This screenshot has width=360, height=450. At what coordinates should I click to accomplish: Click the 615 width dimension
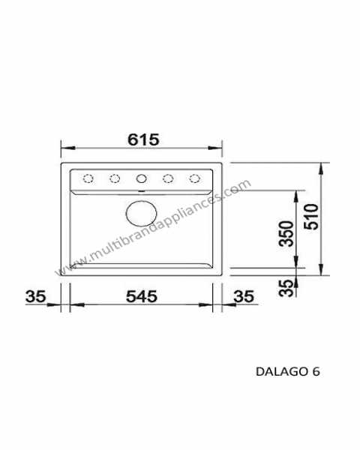tap(143, 139)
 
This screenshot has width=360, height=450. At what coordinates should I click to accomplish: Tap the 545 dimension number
tap(142, 296)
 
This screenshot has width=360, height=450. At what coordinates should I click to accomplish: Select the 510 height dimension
tap(311, 217)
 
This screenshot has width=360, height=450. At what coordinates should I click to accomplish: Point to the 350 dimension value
tap(286, 233)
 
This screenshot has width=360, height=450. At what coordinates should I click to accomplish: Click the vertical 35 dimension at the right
tap(286, 288)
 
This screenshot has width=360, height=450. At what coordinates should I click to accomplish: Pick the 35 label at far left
tap(35, 296)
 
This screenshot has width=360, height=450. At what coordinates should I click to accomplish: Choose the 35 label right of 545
tap(244, 296)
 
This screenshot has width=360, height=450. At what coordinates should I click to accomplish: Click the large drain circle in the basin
tap(141, 214)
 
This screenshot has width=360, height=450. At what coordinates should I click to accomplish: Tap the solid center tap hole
tap(141, 178)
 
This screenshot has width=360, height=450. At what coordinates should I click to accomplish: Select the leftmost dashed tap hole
tap(88, 178)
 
